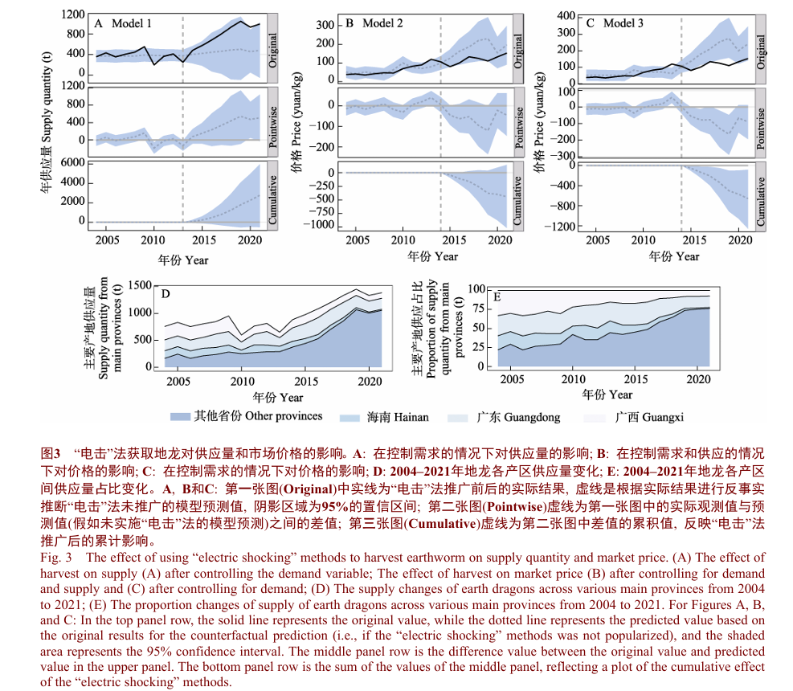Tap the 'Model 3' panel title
tap(623, 23)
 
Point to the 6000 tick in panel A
tap(72, 162)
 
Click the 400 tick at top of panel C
tap(566, 15)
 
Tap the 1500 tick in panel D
tap(140, 285)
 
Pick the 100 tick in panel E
tap(476, 289)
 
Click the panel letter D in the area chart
tap(166, 294)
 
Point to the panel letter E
tap(497, 297)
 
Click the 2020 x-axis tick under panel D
tap(370, 381)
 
